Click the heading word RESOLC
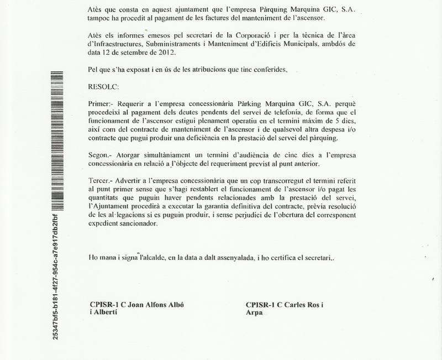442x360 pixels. pyautogui.click(x=103, y=86)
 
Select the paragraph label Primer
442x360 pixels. pyautogui.click(x=99, y=104)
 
